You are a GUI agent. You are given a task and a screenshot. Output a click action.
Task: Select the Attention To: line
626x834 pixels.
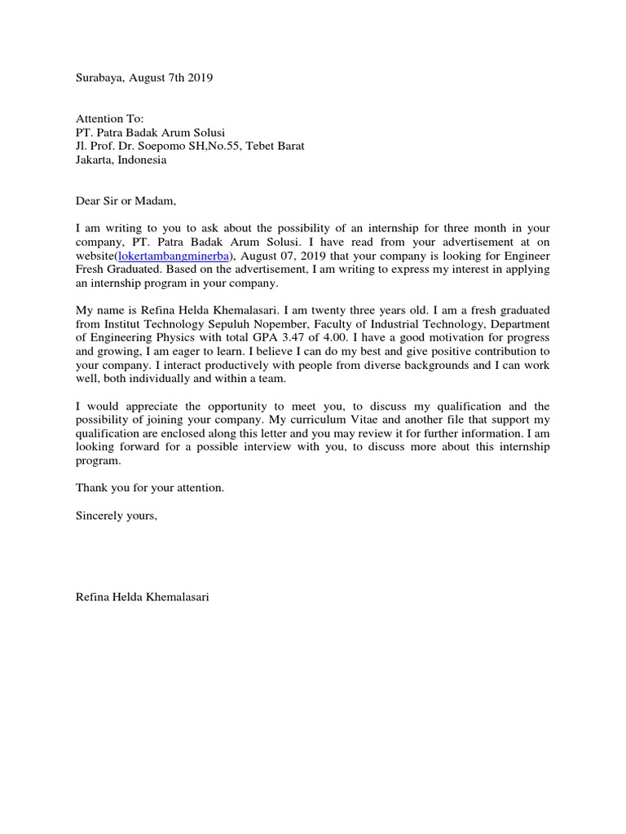109,119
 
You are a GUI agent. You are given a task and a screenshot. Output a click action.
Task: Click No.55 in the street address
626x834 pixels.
230,147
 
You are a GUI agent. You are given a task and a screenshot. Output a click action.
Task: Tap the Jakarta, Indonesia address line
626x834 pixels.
121,160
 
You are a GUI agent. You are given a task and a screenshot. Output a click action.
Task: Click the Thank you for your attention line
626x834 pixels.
149,489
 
